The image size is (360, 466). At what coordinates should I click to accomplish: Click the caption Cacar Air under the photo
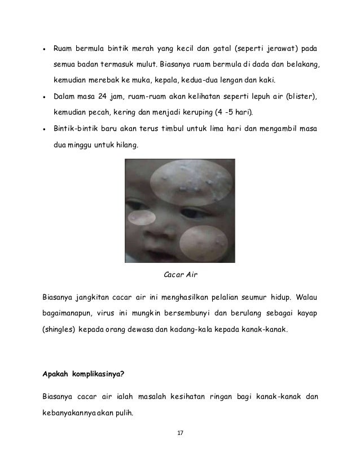(x=179, y=275)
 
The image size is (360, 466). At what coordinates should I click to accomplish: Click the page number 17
(x=181, y=433)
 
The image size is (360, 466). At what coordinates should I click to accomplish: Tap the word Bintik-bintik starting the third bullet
(x=76, y=129)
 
